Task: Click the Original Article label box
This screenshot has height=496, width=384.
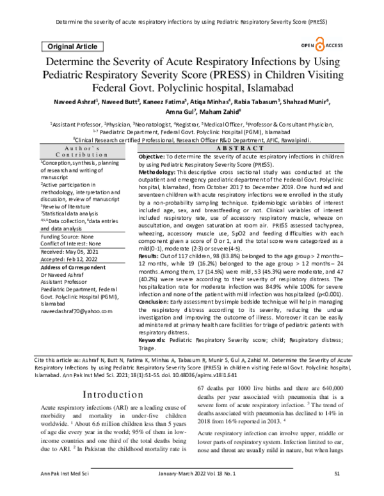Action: tap(70, 47)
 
